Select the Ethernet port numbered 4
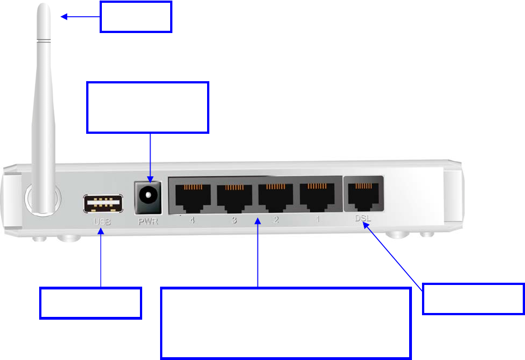pos(193,195)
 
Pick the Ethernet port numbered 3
pos(235,195)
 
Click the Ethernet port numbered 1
pos(317,195)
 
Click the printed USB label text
pos(102,222)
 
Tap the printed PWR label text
pos(148,221)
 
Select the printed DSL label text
pos(363,220)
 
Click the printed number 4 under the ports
pos(193,221)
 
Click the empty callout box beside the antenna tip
pos(136,16)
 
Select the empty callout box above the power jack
pos(148,107)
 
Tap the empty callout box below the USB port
pos(90,303)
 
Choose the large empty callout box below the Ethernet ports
pos(285,323)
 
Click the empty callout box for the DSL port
pos(474,298)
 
